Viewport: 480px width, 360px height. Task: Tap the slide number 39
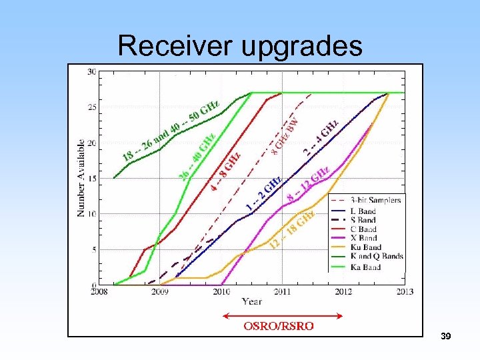coord(446,337)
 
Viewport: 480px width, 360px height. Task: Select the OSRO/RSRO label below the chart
coord(279,327)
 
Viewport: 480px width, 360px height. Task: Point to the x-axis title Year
coord(251,301)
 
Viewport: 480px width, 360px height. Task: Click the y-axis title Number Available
coord(81,177)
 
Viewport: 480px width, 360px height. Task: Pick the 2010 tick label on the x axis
coord(221,291)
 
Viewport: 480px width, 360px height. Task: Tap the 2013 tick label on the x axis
coord(404,291)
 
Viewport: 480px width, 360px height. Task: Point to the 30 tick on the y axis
coord(92,71)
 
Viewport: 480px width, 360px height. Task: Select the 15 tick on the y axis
coord(92,178)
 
